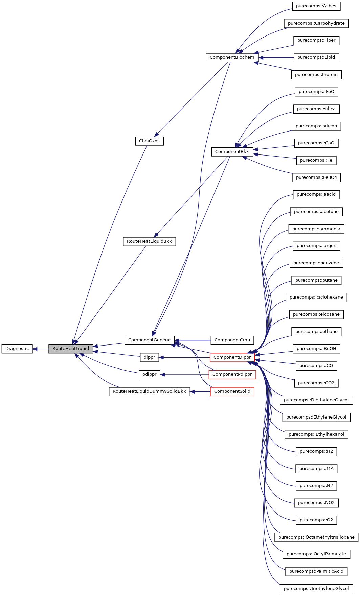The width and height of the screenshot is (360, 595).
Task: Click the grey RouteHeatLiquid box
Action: tap(71, 349)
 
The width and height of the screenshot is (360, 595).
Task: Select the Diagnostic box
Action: tap(17, 349)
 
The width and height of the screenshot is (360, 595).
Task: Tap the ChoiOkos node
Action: tap(149, 141)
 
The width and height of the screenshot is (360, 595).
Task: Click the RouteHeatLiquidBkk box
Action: tap(149, 241)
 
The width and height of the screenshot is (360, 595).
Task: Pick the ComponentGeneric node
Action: tap(149, 340)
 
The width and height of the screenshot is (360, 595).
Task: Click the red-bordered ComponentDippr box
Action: tap(232, 357)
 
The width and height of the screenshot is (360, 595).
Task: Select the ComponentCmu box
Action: tap(232, 340)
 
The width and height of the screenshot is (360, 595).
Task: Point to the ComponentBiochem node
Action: tap(232, 57)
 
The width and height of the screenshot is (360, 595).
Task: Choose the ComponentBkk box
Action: tap(232, 152)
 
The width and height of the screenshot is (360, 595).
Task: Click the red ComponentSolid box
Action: tap(232, 391)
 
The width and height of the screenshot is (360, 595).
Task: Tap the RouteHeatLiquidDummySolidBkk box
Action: tap(149, 391)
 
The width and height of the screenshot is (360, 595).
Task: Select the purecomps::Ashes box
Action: tap(316, 6)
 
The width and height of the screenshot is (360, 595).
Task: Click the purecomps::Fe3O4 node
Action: tap(316, 177)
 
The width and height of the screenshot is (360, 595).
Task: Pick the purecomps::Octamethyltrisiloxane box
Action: tap(316, 537)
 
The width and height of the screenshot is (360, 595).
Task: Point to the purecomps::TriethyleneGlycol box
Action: tap(316, 589)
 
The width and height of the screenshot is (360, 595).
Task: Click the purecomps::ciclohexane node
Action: tap(316, 297)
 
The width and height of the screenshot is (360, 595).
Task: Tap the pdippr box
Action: tap(149, 374)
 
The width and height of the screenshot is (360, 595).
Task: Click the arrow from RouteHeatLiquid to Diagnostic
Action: tap(41, 349)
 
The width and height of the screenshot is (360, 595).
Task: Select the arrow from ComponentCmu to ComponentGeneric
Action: tap(193, 340)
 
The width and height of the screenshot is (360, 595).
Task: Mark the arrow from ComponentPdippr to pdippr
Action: tap(184, 374)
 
